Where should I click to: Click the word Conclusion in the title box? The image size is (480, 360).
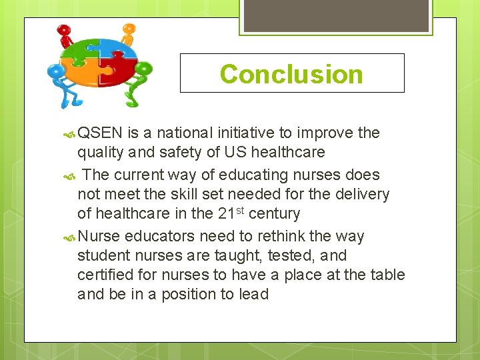point(291,74)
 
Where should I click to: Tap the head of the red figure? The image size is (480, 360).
point(63,31)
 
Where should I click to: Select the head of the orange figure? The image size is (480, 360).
point(129,29)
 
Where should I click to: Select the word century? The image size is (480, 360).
point(274,213)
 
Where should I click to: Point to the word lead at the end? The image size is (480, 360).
point(252,294)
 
